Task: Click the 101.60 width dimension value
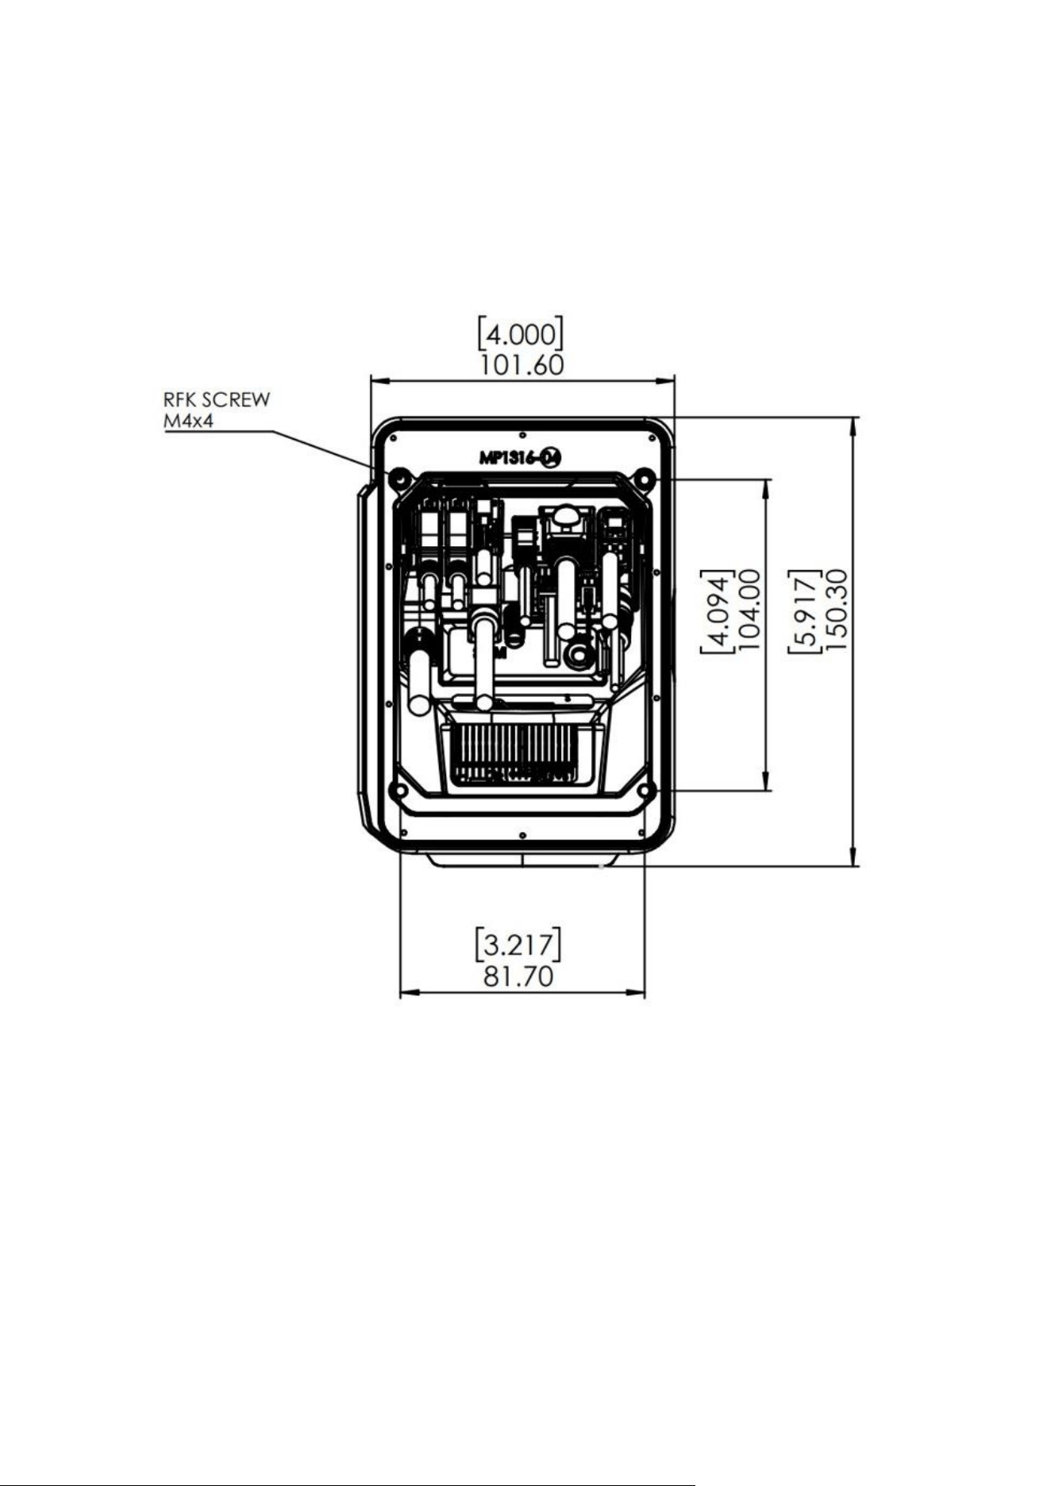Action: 522,365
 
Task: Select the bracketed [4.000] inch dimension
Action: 521,334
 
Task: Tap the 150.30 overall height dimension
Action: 837,609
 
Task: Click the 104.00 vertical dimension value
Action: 749,609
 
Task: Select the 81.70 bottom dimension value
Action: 518,976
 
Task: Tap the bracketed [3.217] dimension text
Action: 518,944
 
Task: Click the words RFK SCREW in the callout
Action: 217,399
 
